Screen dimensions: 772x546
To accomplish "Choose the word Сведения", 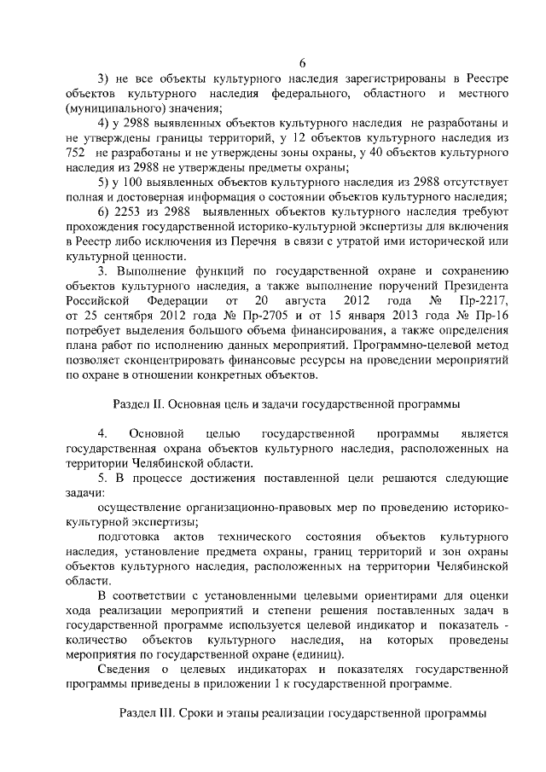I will pos(125,670).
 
